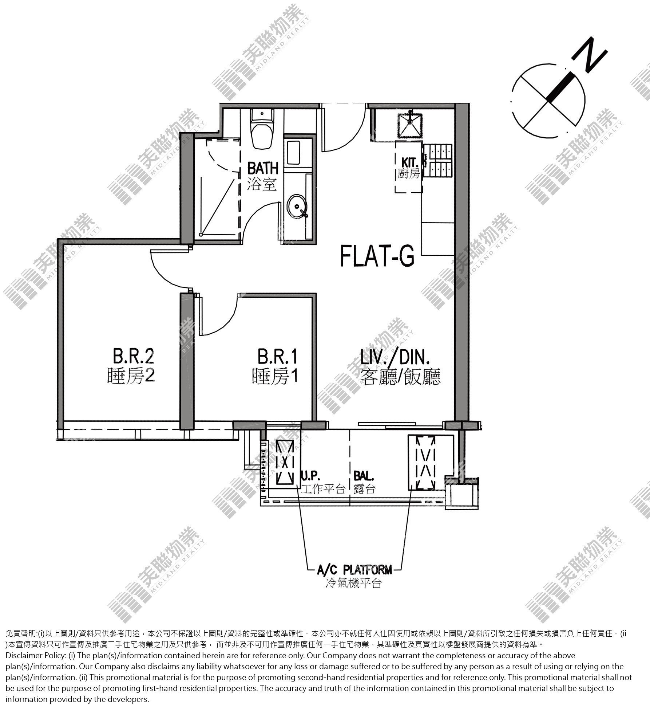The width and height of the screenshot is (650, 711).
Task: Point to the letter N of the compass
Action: [589, 56]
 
